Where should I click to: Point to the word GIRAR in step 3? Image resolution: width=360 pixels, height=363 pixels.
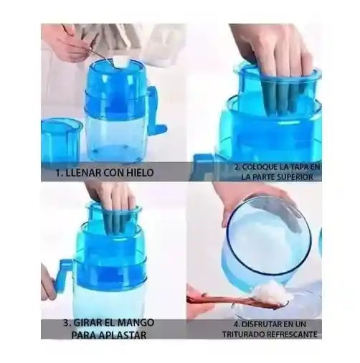(87, 323)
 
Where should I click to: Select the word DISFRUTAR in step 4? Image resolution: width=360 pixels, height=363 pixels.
(262, 324)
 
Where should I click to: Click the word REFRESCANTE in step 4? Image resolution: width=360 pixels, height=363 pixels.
(292, 334)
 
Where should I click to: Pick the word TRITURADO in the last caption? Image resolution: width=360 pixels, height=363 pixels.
(244, 334)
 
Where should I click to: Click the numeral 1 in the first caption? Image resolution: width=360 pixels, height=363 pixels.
(58, 173)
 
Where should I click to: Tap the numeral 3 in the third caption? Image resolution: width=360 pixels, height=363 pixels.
(67, 323)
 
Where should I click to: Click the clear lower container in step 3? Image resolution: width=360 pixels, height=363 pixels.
(109, 303)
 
